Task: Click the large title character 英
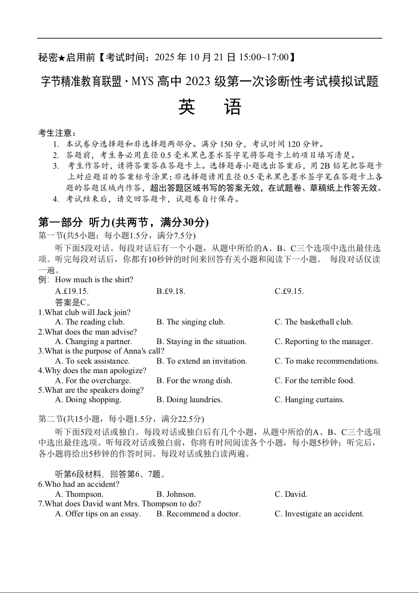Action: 187,107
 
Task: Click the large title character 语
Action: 232,107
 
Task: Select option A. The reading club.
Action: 90,322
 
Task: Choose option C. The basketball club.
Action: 313,322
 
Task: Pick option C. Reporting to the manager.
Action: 323,341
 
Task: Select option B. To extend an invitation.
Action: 201,361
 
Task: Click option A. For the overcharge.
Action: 92,381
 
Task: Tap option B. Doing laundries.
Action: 189,400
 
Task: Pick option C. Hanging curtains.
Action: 309,400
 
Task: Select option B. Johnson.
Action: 176,494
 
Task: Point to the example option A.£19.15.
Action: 72,291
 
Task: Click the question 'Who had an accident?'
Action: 79,484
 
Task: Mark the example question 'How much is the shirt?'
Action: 94,280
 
